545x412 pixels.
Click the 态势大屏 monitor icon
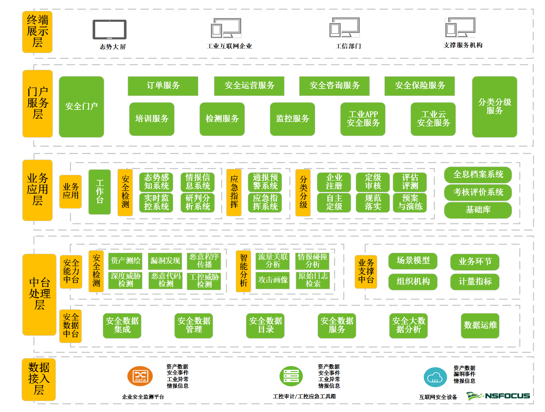[x=109, y=30]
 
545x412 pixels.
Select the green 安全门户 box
[x=82, y=106]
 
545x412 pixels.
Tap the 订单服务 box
[x=163, y=86]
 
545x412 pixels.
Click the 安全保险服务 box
[x=419, y=86]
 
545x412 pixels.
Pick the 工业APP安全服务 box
[x=363, y=119]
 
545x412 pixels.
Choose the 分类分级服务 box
[x=494, y=106]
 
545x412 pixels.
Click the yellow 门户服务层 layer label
[x=37, y=103]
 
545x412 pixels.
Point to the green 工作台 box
[x=100, y=192]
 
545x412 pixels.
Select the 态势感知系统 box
[x=156, y=182]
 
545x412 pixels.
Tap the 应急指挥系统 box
[x=265, y=202]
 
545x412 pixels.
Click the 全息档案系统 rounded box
[x=478, y=175]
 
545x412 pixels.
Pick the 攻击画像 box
[x=273, y=280]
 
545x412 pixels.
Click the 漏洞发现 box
[x=165, y=261]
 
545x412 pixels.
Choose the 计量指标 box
[x=475, y=282]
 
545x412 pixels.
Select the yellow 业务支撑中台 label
[x=366, y=272]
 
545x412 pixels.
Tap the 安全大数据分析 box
[x=408, y=326]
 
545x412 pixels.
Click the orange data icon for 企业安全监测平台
[x=140, y=376]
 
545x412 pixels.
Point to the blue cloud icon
[x=435, y=377]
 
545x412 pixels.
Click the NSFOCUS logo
[x=498, y=396]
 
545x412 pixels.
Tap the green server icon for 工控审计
[x=291, y=376]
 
